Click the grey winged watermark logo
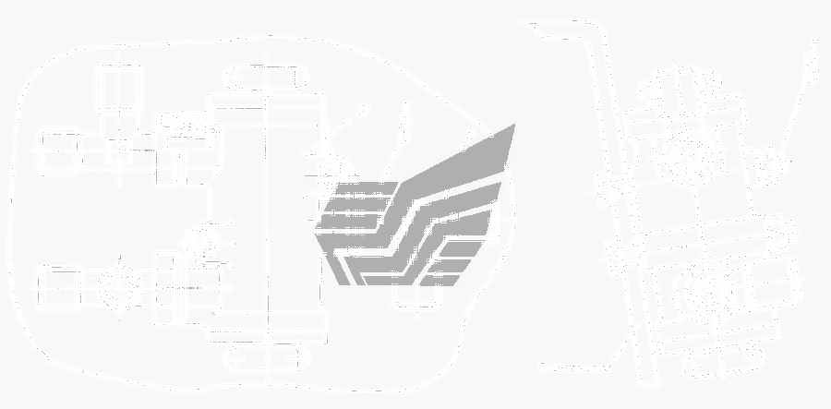point(420,212)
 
